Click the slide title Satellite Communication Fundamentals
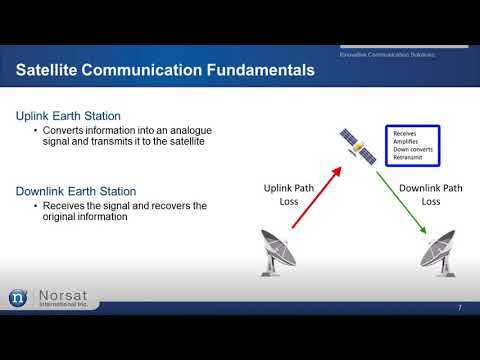click(x=165, y=70)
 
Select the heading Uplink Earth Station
click(x=67, y=117)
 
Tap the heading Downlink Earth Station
click(x=76, y=190)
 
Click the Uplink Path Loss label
click(x=290, y=193)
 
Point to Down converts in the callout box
click(x=412, y=149)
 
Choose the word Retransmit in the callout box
click(x=409, y=158)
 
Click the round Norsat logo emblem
click(x=18, y=297)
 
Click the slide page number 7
click(x=458, y=307)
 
